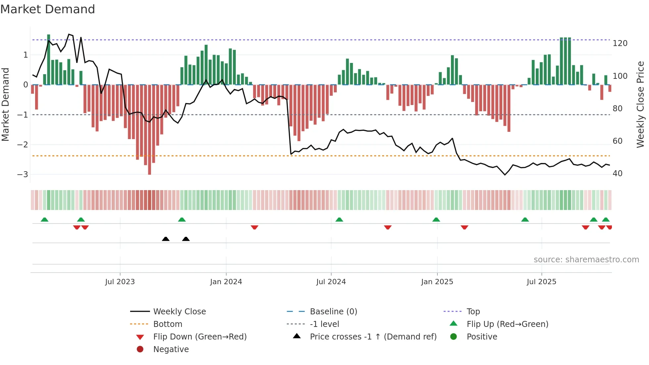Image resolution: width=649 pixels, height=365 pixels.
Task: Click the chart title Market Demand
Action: pos(48,9)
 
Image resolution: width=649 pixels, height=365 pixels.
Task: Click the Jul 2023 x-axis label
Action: pos(120,282)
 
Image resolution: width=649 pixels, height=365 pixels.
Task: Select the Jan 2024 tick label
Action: pos(226,282)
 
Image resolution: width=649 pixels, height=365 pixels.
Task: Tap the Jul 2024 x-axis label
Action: pos(331,282)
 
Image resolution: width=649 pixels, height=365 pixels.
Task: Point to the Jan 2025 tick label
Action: pos(437,282)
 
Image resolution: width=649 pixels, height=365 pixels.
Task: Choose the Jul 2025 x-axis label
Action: pos(541,282)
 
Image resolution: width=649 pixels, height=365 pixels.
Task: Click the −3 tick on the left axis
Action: pos(23,175)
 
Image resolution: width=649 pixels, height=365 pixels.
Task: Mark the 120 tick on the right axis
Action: pos(620,43)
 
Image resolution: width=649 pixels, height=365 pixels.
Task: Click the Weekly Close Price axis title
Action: pos(640,104)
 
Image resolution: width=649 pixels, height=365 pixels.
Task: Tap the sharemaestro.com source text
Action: pos(586,260)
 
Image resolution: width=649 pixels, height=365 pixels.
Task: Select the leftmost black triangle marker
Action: pos(166,239)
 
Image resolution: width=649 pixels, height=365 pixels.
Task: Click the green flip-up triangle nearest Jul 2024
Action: pos(339,220)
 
